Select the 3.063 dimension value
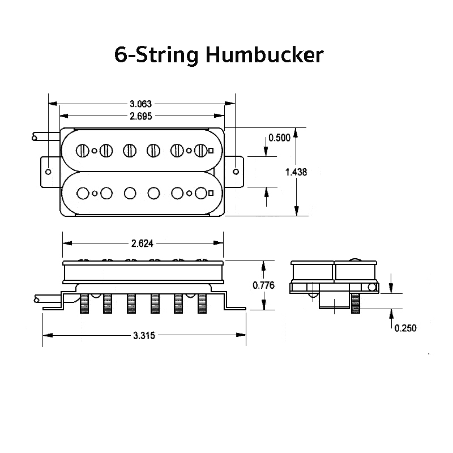(141, 104)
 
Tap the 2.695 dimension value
(141, 117)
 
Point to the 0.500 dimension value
(279, 138)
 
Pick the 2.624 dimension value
(142, 243)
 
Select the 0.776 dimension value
(263, 285)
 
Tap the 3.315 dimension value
(144, 335)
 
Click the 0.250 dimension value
(405, 327)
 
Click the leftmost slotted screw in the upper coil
(83, 151)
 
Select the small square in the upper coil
(211, 151)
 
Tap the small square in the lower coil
(211, 193)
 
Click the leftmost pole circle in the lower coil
(83, 193)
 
